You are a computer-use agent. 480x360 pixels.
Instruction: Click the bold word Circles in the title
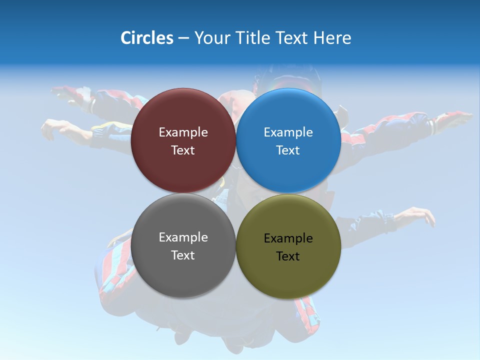point(147,38)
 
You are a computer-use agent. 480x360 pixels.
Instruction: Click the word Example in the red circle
point(183,132)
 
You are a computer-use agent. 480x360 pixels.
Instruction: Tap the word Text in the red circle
point(183,150)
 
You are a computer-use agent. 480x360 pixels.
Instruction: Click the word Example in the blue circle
point(288,132)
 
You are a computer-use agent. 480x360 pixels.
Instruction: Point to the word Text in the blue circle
point(288,150)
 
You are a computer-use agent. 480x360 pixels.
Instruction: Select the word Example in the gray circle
point(183,237)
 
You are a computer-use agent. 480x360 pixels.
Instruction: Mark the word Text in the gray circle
point(183,255)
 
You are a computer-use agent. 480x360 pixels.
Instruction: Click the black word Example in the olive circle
point(288,238)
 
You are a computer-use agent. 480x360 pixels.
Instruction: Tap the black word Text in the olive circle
point(288,256)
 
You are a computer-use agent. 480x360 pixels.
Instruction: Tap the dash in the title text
point(183,38)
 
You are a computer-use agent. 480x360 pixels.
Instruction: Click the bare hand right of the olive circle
point(417,216)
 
